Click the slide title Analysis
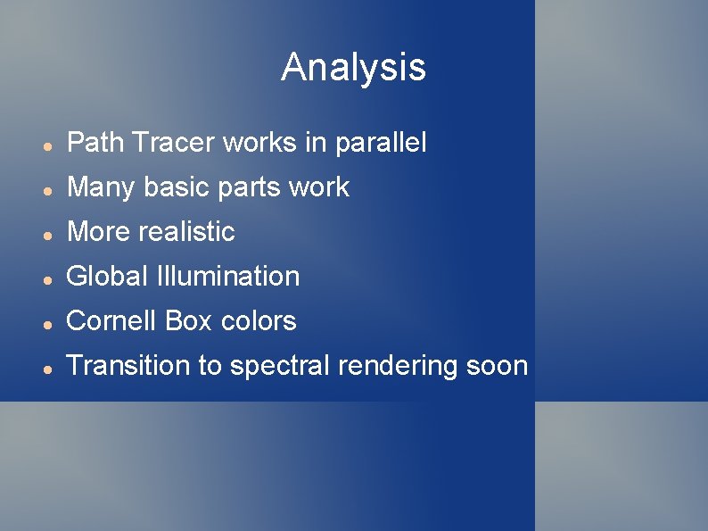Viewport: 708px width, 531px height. click(x=353, y=68)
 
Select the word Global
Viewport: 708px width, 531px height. click(x=107, y=277)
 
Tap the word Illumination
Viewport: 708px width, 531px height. click(x=227, y=277)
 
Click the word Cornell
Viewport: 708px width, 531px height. click(x=111, y=321)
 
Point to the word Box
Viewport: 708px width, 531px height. click(x=189, y=321)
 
